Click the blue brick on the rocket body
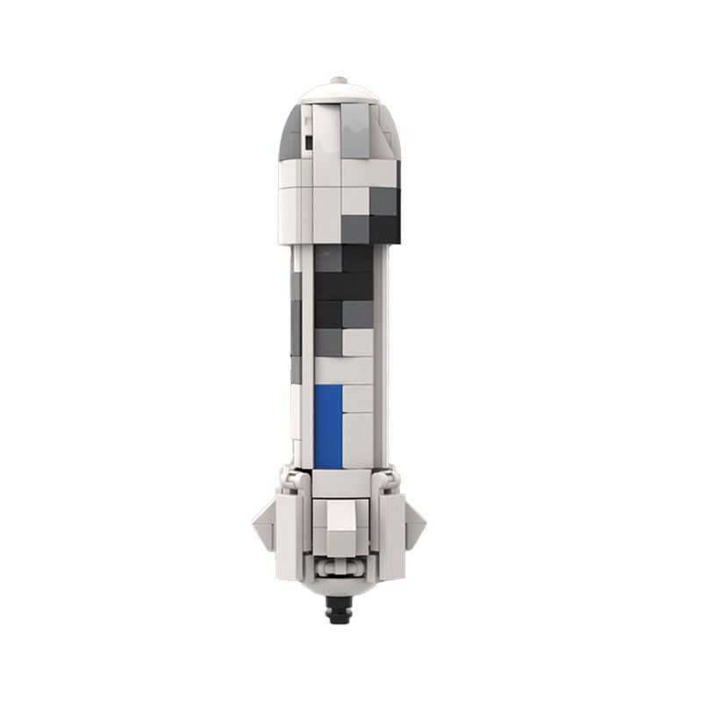pos(328,425)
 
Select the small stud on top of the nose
pos(338,81)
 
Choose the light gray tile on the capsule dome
pos(355,132)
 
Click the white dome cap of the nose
pos(338,91)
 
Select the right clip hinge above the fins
pos(389,479)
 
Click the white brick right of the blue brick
pos(358,399)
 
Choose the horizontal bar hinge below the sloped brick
pos(338,565)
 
